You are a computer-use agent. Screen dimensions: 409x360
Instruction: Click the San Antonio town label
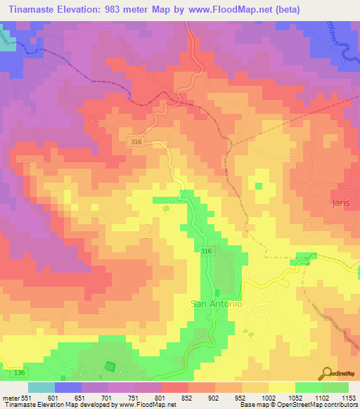pos(217,304)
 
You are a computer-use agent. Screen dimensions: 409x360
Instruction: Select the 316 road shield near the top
pos(138,142)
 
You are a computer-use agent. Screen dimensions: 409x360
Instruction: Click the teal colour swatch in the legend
pos(41,387)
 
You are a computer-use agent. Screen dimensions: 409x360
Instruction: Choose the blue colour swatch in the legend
pos(68,387)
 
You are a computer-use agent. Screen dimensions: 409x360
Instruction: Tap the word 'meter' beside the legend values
pos(8,398)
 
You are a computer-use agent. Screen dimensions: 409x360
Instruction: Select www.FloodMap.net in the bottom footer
pos(144,405)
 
